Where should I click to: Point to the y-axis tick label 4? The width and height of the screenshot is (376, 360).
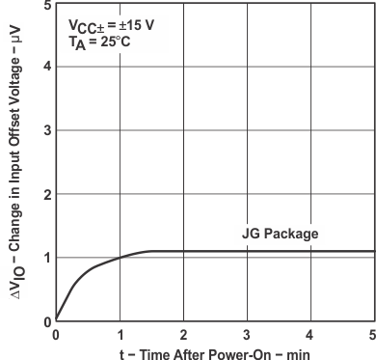pos(47,67)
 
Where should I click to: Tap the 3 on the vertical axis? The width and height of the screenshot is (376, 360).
pos(47,130)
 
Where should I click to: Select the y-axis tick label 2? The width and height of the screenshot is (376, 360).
pos(47,194)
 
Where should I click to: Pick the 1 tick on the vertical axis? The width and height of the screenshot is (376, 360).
pos(47,258)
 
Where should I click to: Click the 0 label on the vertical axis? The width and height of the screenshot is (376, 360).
pos(47,320)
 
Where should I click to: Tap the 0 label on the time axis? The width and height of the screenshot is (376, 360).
pos(56,334)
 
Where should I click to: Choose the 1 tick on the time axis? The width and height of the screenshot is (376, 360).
pos(120,334)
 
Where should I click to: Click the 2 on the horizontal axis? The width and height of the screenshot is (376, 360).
pos(183,334)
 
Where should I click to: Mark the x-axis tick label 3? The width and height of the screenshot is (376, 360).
pos(246,334)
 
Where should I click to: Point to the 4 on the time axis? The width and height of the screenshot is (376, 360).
pos(309,334)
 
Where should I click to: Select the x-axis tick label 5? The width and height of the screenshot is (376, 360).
pos(371,334)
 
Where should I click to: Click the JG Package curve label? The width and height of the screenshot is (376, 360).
pos(279,234)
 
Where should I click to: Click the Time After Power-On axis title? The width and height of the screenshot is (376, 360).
pos(214,352)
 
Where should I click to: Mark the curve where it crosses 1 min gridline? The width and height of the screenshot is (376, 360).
pos(120,258)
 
